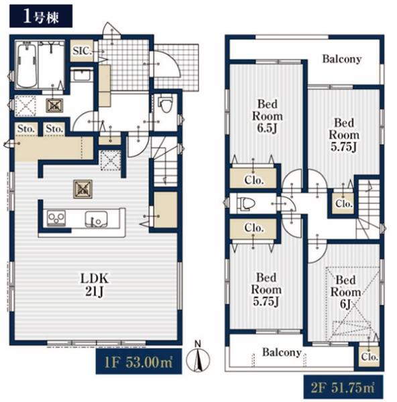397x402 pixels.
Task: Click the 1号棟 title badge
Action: coord(41,16)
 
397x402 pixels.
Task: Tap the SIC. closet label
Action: coord(82,51)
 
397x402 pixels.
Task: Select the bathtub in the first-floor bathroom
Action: coord(27,64)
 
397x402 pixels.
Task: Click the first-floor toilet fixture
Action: coord(165,104)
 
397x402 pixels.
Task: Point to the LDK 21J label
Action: coord(95,285)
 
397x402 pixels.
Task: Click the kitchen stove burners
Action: coord(56,218)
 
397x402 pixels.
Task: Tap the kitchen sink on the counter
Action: coord(97,219)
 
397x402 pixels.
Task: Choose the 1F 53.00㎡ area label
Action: coord(139,362)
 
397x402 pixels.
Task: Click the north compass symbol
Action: coord(198,357)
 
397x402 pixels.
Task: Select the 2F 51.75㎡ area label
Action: coord(343,388)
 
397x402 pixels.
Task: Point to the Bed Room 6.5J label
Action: coord(268,116)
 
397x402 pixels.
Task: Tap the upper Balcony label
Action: coord(342,59)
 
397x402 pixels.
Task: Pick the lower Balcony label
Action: coord(282,352)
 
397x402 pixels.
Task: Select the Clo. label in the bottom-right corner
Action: coord(370,356)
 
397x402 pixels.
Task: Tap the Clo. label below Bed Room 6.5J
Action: coord(254,180)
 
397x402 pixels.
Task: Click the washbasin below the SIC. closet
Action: coord(82,75)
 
